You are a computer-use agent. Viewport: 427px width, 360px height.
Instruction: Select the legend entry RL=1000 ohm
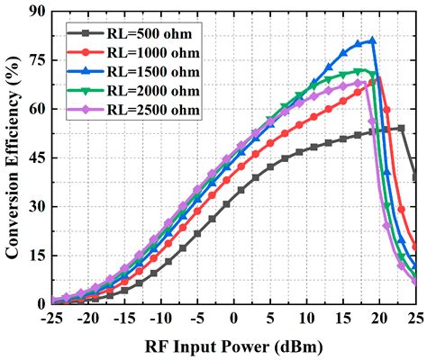coord(144,52)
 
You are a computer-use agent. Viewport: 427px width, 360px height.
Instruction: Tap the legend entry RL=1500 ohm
coord(144,71)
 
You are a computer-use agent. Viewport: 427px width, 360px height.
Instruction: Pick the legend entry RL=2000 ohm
coord(144,90)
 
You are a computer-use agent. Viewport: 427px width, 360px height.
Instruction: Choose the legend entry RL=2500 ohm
coord(144,109)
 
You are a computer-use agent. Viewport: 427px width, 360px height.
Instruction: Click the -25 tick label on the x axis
coord(53,319)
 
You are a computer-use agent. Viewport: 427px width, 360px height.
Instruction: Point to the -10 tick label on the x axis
coord(161,319)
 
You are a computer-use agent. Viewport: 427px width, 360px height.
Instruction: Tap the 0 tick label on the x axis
coord(234,319)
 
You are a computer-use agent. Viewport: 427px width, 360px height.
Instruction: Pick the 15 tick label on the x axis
coord(342,319)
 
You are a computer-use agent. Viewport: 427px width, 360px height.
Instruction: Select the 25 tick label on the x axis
coord(414,319)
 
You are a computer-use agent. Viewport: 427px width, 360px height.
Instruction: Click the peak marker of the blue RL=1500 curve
coord(372,40)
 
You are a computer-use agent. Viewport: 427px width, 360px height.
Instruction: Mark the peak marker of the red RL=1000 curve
coord(379,79)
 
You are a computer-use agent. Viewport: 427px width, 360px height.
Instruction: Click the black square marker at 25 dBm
coord(415,177)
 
